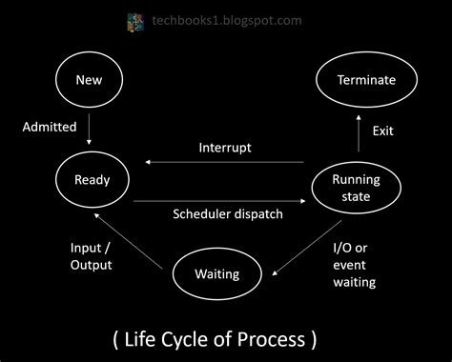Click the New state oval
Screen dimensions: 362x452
pyautogui.click(x=88, y=80)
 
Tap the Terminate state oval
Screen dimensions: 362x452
pyautogui.click(x=365, y=80)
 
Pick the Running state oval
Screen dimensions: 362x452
pyautogui.click(x=355, y=187)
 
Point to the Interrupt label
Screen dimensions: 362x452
pyautogui.click(x=225, y=148)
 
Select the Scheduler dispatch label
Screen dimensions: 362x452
pyautogui.click(x=228, y=214)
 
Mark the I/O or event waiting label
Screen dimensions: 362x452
pyautogui.click(x=354, y=264)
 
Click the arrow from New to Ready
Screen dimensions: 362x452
pyautogui.click(x=88, y=127)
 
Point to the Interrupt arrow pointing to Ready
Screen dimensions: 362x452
pyautogui.click(x=225, y=163)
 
